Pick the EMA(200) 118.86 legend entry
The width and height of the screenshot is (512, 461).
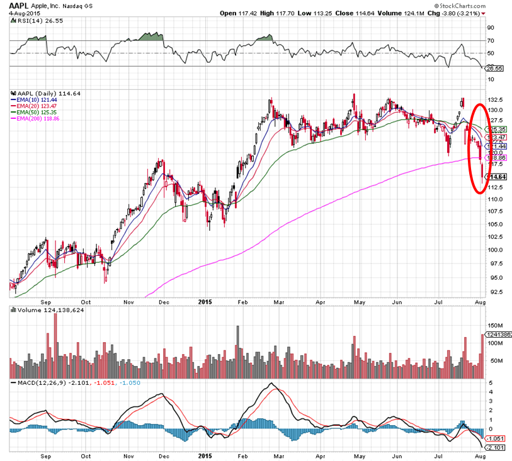[37, 118]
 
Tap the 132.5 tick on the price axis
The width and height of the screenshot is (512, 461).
[496, 100]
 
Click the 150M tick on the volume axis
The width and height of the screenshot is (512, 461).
[496, 326]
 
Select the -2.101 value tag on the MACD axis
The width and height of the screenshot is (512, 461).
[497, 448]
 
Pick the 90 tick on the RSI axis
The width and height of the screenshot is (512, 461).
[491, 28]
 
